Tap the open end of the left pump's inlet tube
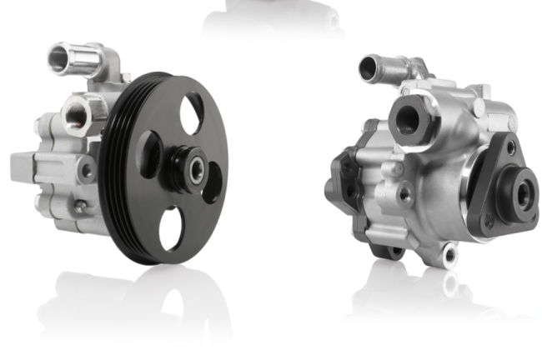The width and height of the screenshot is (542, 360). coord(61,57)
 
